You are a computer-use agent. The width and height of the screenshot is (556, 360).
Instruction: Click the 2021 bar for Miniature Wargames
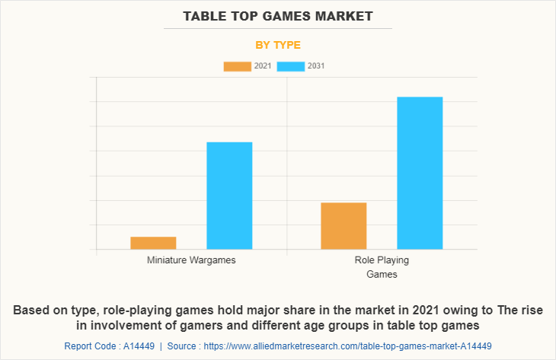click(x=153, y=243)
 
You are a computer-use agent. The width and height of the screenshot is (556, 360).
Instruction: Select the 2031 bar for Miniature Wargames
click(x=229, y=196)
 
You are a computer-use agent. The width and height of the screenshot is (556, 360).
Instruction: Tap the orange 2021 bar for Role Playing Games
click(x=344, y=225)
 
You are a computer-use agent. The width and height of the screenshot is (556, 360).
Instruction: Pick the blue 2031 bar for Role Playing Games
click(x=420, y=173)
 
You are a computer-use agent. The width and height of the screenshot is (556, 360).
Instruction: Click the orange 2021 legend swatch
click(x=237, y=66)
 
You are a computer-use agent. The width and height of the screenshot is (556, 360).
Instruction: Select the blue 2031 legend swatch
click(x=291, y=66)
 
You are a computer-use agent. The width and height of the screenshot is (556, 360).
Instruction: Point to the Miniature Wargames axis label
click(x=191, y=260)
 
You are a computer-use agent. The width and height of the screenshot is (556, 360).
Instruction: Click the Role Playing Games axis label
click(x=382, y=266)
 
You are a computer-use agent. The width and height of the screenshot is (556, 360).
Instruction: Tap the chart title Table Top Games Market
click(x=278, y=16)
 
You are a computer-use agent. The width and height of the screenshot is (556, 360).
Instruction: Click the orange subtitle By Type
click(x=278, y=45)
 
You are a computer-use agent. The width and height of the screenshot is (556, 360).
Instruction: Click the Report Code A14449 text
click(x=109, y=346)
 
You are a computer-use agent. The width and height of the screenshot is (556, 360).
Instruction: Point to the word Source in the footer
click(x=183, y=346)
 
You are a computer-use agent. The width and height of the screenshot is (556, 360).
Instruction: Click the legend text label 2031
click(x=316, y=66)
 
